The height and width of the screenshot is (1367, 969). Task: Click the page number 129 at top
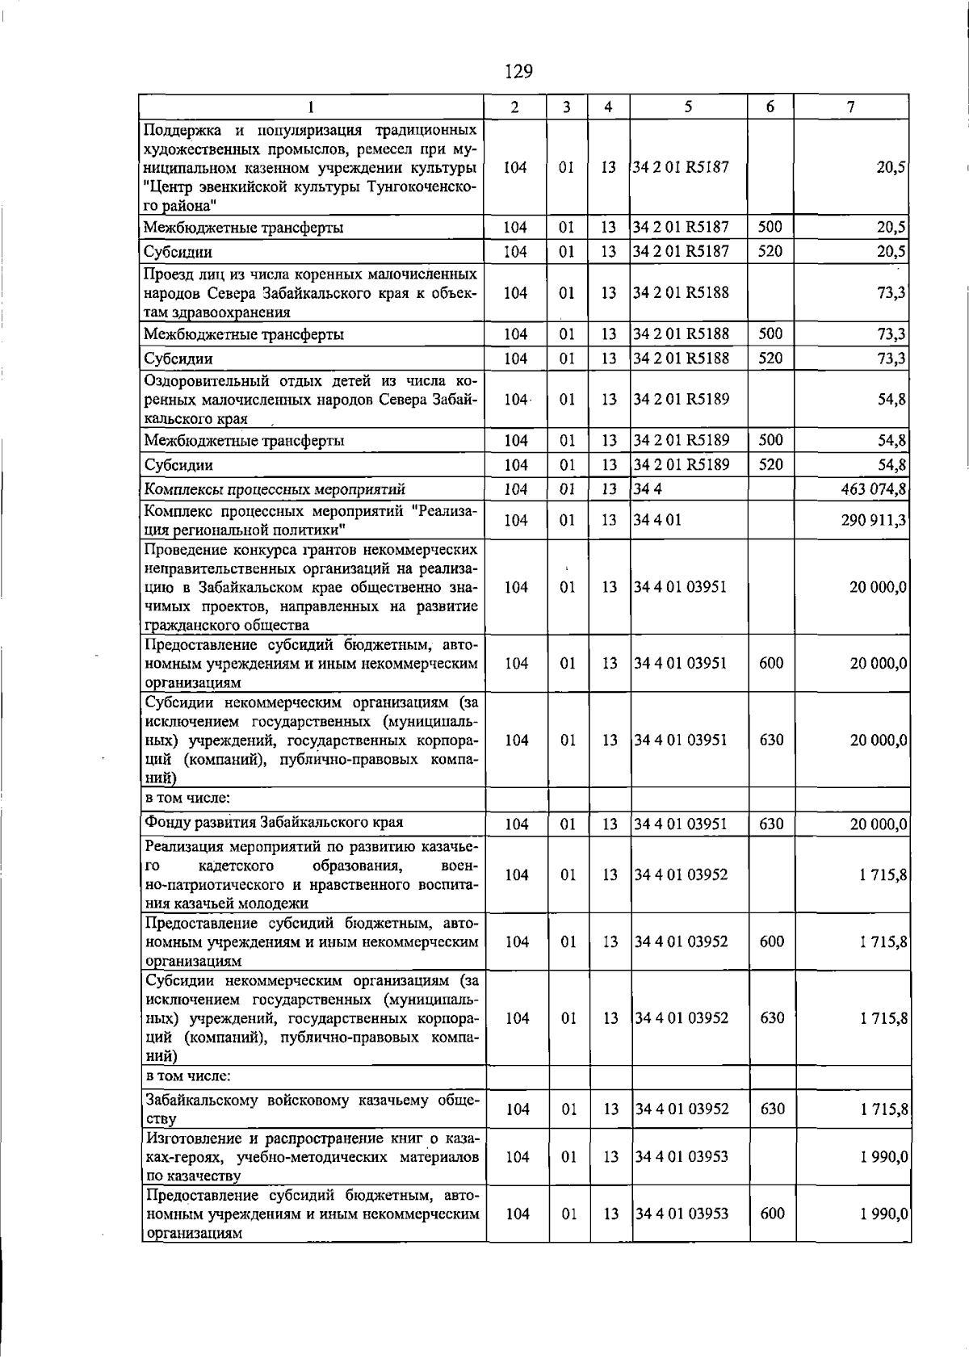click(x=518, y=72)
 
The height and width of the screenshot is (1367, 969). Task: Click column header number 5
click(x=688, y=107)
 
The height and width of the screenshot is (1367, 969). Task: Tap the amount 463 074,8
click(x=873, y=489)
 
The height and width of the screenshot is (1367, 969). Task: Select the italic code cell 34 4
click(x=642, y=489)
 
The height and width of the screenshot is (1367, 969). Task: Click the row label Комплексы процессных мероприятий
click(x=275, y=489)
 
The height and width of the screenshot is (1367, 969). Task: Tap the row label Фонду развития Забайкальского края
click(x=274, y=822)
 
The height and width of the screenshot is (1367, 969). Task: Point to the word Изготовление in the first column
click(x=190, y=1138)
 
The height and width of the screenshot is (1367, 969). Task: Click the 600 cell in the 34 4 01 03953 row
click(x=772, y=1214)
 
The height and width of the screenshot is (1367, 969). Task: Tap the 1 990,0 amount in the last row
click(x=884, y=1214)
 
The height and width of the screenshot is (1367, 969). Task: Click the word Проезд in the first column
click(x=167, y=274)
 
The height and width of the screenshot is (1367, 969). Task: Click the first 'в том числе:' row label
click(x=188, y=798)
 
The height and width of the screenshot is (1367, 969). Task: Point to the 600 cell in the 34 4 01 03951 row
click(x=771, y=663)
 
